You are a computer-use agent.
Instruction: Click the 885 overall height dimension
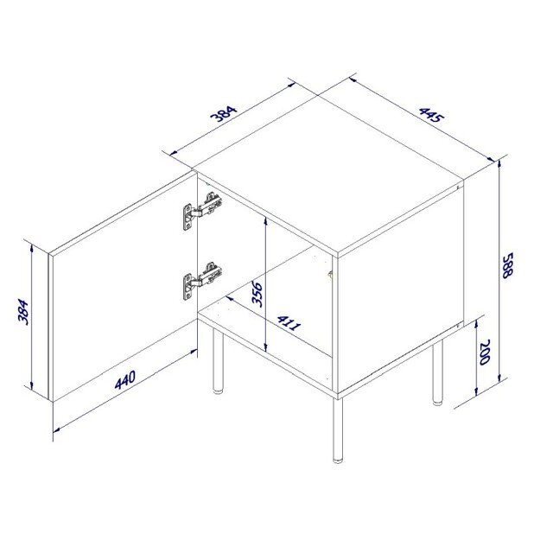click(509, 264)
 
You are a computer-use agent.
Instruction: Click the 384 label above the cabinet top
click(224, 116)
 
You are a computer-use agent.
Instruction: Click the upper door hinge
click(201, 211)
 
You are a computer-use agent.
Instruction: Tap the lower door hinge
click(200, 281)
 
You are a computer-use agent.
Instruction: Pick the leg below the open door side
click(219, 363)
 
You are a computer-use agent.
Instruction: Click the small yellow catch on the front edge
click(330, 274)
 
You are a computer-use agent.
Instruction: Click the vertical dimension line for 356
click(265, 285)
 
